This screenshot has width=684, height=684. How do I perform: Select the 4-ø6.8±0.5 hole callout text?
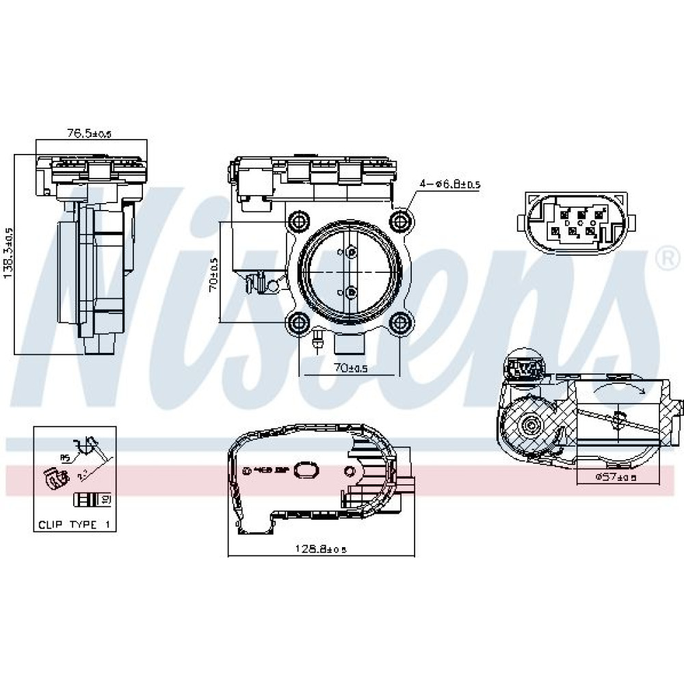450,183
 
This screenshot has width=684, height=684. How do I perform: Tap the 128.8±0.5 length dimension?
319,547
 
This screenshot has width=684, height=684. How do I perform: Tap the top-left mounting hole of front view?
299,221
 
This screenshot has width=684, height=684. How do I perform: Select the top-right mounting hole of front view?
400,220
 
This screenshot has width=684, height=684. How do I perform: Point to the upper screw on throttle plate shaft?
351,252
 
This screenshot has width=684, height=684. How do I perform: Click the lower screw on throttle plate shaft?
351,293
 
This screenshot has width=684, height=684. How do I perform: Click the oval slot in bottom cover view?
306,470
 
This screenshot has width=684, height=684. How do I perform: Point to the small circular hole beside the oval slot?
350,471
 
